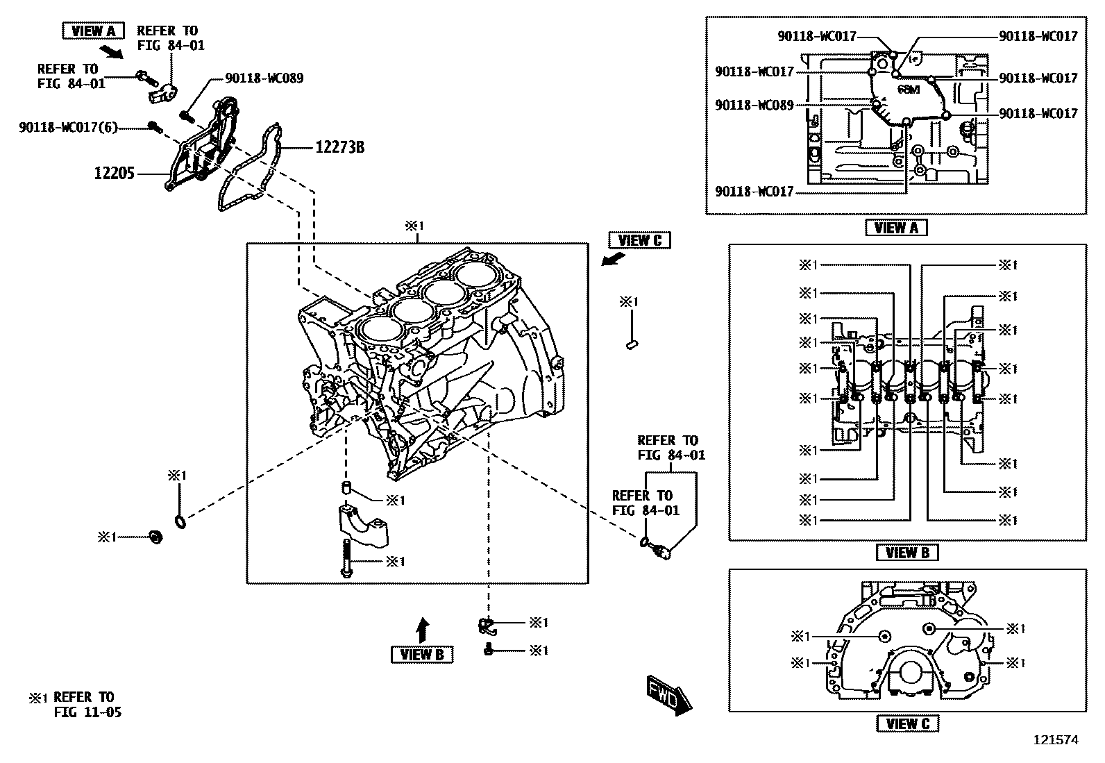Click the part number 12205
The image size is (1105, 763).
(115, 173)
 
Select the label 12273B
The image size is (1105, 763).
(340, 147)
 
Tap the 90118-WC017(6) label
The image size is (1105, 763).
(69, 127)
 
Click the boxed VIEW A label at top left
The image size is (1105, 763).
(93, 31)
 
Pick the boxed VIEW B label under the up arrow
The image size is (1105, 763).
(422, 654)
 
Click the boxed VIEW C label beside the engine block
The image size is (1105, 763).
(639, 240)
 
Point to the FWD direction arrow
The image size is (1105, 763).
(669, 694)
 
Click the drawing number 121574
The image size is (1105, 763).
(1056, 740)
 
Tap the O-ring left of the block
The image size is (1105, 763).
(178, 521)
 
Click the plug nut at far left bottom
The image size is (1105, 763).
(156, 537)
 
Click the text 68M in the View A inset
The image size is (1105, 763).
(908, 90)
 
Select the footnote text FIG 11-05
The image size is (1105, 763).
(87, 712)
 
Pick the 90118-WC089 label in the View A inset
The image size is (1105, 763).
(754, 105)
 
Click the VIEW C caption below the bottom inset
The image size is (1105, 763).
(907, 723)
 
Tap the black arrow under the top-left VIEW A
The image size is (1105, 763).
(110, 51)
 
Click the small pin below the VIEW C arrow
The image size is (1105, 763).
(632, 343)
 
